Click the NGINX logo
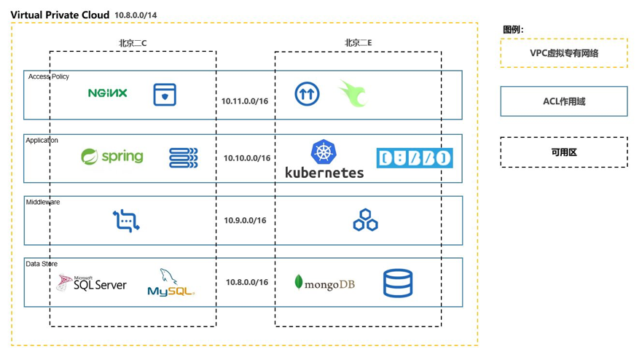(107, 93)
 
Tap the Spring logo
(112, 157)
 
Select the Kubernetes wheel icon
(324, 152)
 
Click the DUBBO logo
(414, 158)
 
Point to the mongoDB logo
(324, 283)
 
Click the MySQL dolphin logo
(171, 283)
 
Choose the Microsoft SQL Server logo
(92, 283)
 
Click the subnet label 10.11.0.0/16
(245, 101)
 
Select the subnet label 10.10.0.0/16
(246, 158)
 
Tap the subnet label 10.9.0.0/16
(246, 220)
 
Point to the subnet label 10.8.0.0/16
(246, 282)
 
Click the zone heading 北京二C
(133, 43)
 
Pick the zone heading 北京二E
(358, 43)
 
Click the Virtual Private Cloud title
(60, 15)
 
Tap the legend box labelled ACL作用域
(563, 101)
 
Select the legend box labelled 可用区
(563, 152)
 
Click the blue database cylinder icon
(398, 283)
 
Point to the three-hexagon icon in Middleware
(365, 220)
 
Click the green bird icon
(353, 94)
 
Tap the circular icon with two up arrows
(307, 94)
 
